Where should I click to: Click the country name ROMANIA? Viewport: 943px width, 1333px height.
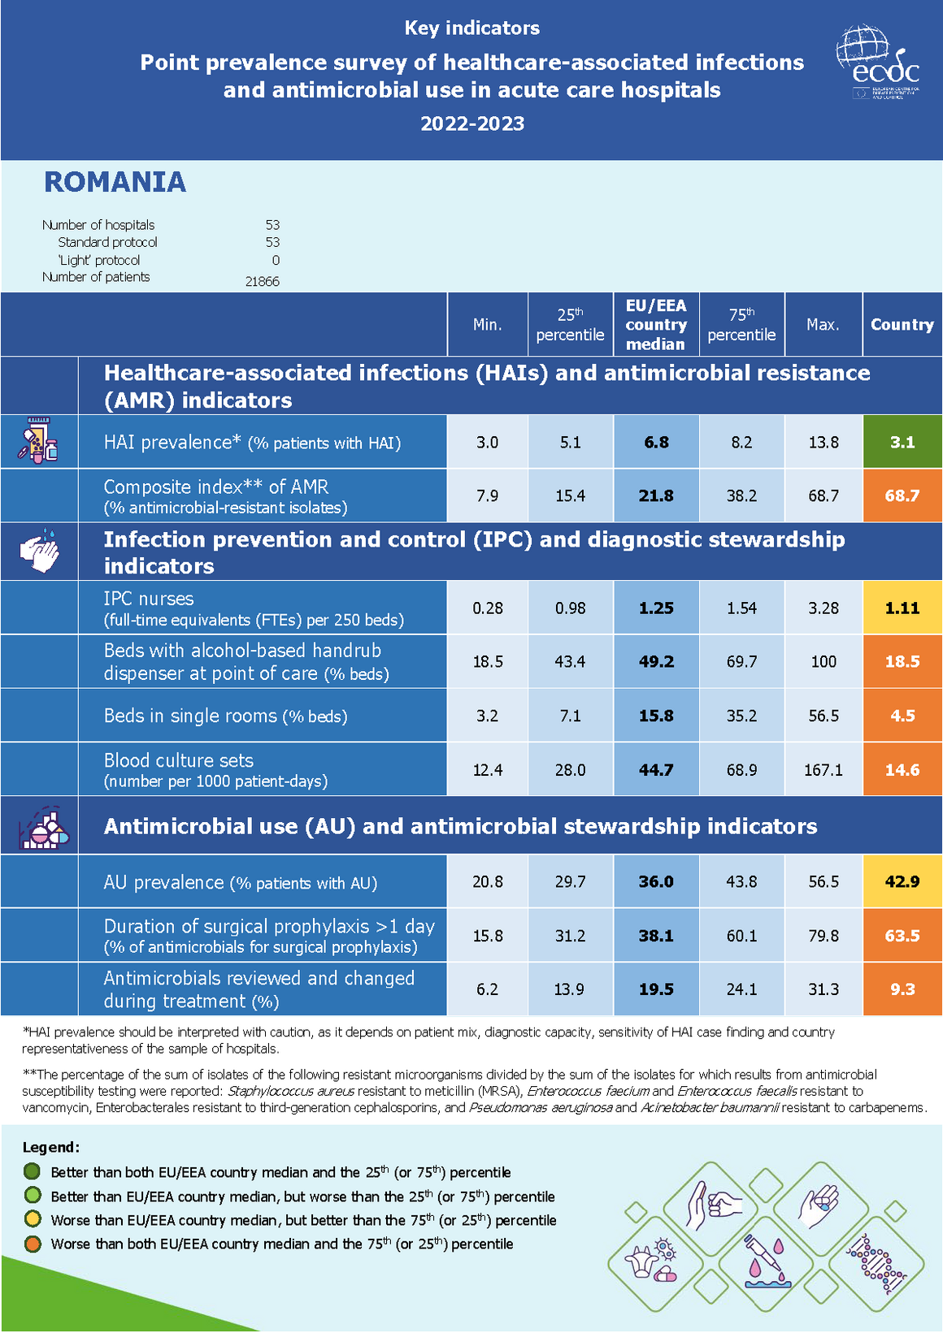tap(115, 182)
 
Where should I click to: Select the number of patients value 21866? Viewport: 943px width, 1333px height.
tap(262, 282)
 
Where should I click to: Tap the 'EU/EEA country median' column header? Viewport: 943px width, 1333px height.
tap(656, 324)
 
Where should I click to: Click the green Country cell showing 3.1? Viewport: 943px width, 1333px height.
tap(902, 442)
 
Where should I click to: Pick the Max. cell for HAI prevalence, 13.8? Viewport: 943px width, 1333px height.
tap(823, 442)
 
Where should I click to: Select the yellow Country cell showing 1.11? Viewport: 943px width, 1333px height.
tap(902, 608)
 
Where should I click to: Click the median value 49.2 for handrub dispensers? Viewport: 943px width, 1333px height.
tap(656, 661)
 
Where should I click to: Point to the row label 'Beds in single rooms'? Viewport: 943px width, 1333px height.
tap(225, 716)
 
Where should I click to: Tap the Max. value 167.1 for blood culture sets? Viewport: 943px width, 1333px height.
tap(823, 769)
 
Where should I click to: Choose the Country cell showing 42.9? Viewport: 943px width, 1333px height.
tap(902, 881)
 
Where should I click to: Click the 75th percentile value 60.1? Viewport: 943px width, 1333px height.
tap(741, 936)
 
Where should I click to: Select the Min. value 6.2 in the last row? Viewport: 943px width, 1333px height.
tap(488, 989)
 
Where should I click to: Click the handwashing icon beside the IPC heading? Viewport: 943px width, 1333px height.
tap(40, 552)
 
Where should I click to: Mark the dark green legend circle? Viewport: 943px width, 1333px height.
tap(33, 1171)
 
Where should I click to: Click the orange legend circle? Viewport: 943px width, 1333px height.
tap(33, 1244)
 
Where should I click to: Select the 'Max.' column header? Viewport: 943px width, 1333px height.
tap(823, 324)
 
